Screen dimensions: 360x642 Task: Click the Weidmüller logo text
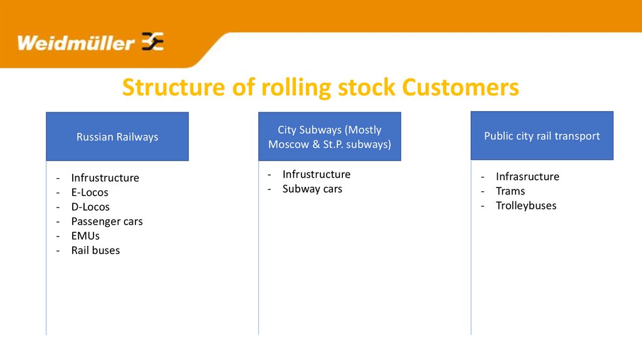pyautogui.click(x=76, y=43)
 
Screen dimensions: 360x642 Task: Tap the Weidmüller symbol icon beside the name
pyautogui.click(x=153, y=41)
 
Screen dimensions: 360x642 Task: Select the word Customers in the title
pyautogui.click(x=461, y=88)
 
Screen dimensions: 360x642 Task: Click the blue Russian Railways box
pyautogui.click(x=117, y=137)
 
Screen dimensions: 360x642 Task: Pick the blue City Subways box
pyautogui.click(x=329, y=137)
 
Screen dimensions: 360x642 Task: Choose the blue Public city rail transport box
pyautogui.click(x=542, y=135)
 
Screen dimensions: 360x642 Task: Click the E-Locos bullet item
pyautogui.click(x=90, y=193)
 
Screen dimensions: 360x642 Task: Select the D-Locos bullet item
pyautogui.click(x=90, y=207)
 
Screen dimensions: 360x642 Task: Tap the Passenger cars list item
pyautogui.click(x=107, y=221)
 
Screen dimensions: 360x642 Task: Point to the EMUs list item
pyautogui.click(x=85, y=236)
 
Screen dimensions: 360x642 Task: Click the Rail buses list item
pyautogui.click(x=95, y=250)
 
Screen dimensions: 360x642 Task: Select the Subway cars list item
pyautogui.click(x=312, y=189)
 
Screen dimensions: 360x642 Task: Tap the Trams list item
pyautogui.click(x=510, y=191)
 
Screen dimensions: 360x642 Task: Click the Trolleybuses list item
pyautogui.click(x=526, y=206)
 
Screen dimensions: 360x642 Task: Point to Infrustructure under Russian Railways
pyautogui.click(x=105, y=178)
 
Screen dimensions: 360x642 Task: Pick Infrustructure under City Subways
pyautogui.click(x=317, y=174)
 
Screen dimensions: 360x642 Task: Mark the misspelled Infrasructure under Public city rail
pyautogui.click(x=527, y=177)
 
